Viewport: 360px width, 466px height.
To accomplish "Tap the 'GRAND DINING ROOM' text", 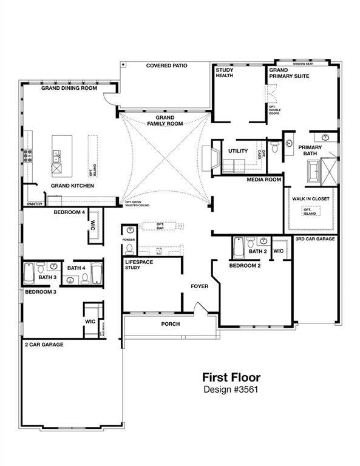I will point(69,88).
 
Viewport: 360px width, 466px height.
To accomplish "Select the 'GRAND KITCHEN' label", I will point(72,185).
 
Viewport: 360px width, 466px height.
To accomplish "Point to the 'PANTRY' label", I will point(34,204).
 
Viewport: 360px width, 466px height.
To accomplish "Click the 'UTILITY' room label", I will point(237,150).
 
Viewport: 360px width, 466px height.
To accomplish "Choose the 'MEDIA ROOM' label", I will point(263,180).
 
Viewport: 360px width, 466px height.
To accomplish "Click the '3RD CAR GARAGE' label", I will point(315,239).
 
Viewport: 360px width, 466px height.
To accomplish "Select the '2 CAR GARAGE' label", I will point(44,344).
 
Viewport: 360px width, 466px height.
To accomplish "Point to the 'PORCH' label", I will point(170,324).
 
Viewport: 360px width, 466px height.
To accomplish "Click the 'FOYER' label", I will point(200,286).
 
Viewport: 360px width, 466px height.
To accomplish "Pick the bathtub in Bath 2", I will point(239,248).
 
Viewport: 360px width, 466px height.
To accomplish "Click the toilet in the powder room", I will point(130,231).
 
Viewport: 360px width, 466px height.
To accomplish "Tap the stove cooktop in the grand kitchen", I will point(27,156).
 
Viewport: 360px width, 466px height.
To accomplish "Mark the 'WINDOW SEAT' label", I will point(302,63).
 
